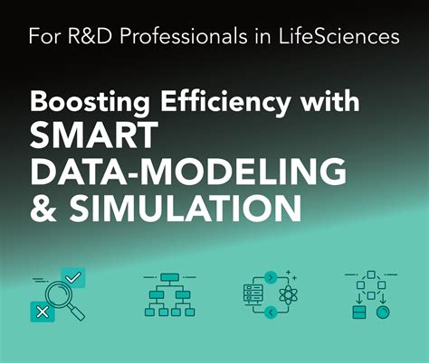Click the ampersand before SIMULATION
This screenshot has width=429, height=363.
pyautogui.click(x=43, y=208)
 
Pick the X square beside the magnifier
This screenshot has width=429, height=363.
pyautogui.click(x=39, y=312)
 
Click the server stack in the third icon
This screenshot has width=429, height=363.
pyautogui.click(x=253, y=294)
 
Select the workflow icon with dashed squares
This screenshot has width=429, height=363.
pyautogui.click(x=371, y=294)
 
